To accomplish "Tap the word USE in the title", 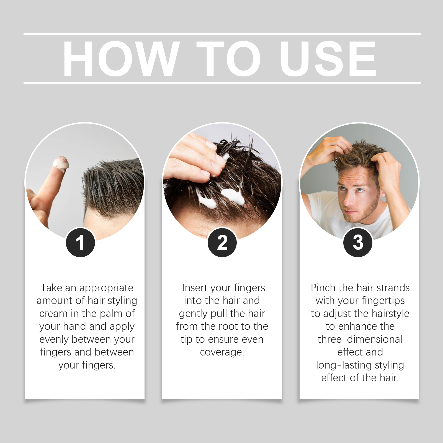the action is [328, 58].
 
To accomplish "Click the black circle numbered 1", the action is [80, 243].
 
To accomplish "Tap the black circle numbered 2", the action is [222, 243].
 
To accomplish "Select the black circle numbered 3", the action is [358, 243].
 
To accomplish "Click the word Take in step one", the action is [51, 288].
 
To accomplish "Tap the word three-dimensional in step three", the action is [360, 339].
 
